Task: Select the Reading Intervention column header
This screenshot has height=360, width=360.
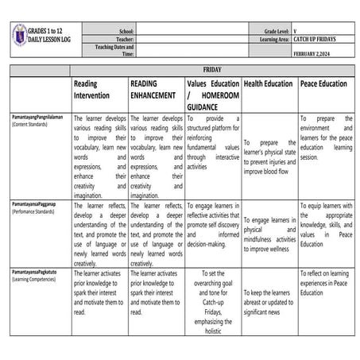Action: click(x=97, y=89)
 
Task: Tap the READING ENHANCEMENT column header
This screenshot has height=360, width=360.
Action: click(x=154, y=89)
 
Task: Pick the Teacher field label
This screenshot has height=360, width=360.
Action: click(x=124, y=38)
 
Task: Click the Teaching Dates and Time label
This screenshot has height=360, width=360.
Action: click(x=114, y=50)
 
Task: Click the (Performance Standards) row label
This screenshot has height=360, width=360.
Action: click(x=33, y=212)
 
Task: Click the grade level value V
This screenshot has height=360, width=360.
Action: click(x=295, y=29)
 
